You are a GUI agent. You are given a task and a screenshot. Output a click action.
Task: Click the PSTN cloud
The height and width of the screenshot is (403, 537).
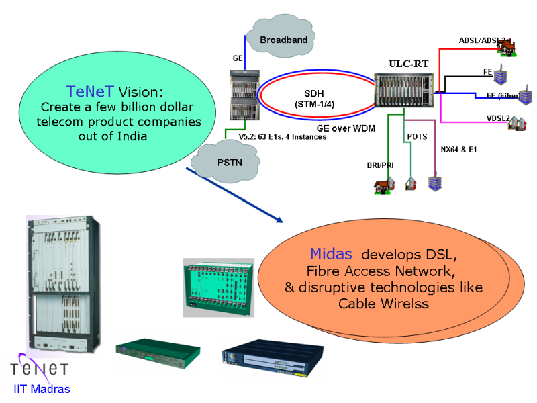[219, 162]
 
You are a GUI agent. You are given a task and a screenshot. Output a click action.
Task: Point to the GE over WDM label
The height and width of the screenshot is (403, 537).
[346, 126]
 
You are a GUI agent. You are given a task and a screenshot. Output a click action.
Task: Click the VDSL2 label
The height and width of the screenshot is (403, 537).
[497, 119]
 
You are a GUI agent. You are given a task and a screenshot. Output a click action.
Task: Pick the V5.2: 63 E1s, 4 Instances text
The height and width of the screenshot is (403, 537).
[283, 138]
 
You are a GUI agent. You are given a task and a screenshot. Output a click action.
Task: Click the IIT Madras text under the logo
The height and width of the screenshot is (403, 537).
[42, 388]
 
